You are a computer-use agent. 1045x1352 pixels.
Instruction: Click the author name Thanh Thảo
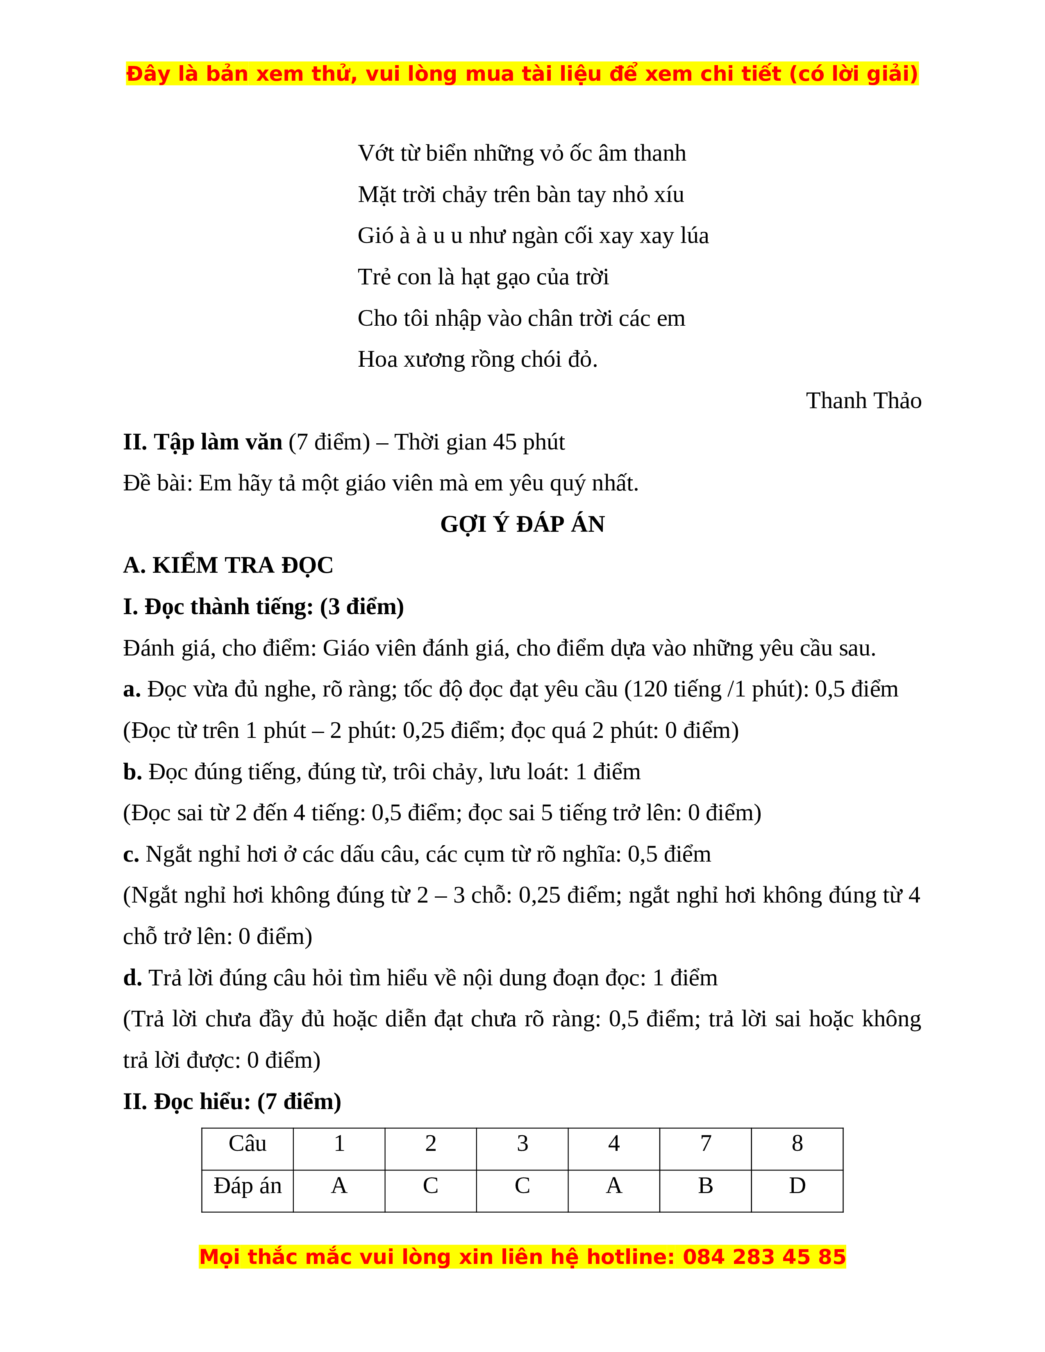tap(863, 401)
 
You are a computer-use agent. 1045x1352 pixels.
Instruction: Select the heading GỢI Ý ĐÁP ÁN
tap(522, 524)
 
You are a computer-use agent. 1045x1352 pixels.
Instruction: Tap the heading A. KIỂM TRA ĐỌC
tap(228, 565)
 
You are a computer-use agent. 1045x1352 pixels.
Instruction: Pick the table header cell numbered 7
tap(705, 1144)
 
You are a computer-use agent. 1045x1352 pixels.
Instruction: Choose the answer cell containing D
tap(797, 1186)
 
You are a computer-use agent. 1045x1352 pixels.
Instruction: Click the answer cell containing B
tap(705, 1186)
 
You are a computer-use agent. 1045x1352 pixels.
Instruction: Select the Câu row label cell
tap(247, 1144)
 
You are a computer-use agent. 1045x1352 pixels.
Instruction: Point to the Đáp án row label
tap(247, 1186)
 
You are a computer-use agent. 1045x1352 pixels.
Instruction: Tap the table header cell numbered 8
tap(797, 1144)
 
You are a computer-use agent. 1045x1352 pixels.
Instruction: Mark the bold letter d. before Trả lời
tap(132, 978)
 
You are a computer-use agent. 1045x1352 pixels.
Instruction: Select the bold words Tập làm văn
tap(218, 442)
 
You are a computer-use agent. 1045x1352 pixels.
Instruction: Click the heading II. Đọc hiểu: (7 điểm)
tap(232, 1102)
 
